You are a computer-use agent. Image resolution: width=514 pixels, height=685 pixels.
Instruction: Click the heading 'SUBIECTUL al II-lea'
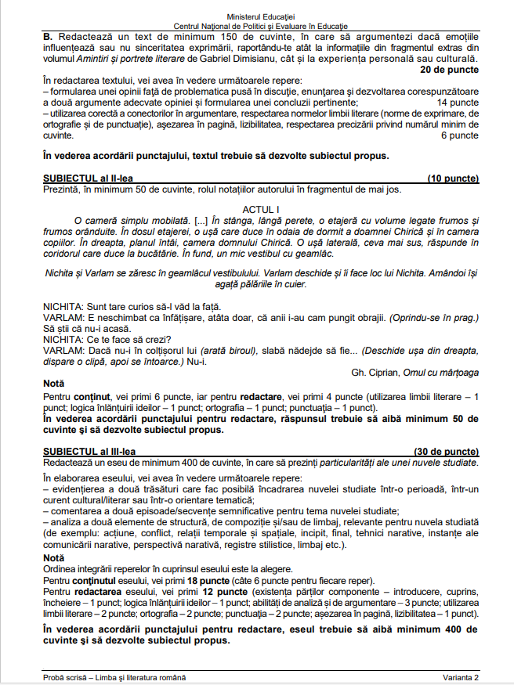pyautogui.click(x=88, y=178)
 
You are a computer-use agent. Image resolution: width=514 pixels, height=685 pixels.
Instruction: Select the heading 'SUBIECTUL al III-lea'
pyautogui.click(x=89, y=452)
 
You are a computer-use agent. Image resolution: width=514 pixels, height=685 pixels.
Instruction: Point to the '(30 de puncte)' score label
pyautogui.click(x=447, y=452)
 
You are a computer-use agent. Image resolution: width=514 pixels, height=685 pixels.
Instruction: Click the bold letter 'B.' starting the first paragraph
pyautogui.click(x=48, y=37)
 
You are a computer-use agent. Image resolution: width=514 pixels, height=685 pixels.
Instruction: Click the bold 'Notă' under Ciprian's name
pyautogui.click(x=55, y=384)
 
